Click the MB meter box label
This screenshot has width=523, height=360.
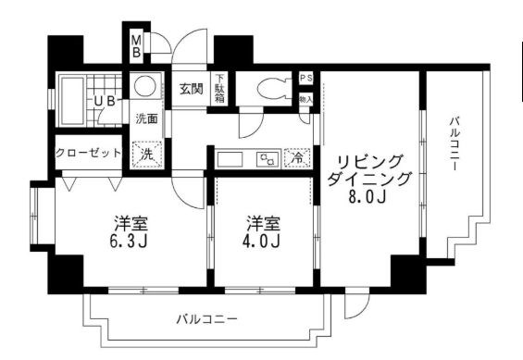(135, 45)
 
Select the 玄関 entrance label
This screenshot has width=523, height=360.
(192, 89)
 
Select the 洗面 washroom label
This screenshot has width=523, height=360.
(146, 118)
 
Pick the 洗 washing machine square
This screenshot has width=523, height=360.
(146, 154)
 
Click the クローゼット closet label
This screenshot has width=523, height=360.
(88, 153)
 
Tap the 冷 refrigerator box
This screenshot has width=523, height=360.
(298, 157)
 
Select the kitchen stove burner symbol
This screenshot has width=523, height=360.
(269, 158)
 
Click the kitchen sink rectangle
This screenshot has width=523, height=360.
(229, 158)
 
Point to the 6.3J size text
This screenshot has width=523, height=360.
(132, 242)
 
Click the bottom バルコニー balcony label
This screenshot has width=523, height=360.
(207, 319)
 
